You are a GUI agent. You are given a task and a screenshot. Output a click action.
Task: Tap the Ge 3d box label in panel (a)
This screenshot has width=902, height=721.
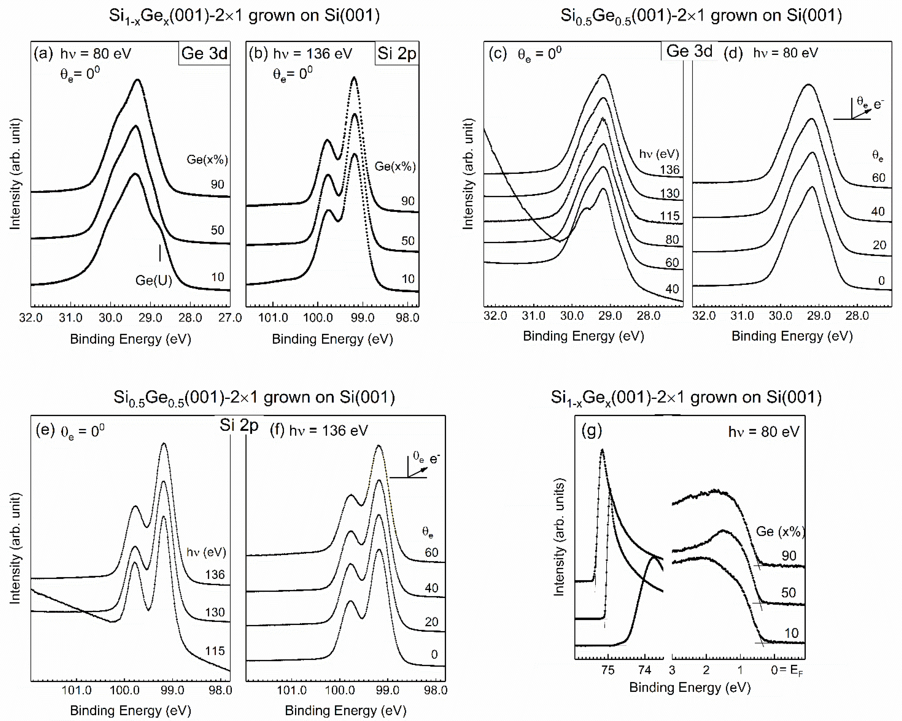pyautogui.click(x=204, y=54)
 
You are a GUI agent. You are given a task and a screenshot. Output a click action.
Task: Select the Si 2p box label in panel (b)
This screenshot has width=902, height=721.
pyautogui.click(x=397, y=54)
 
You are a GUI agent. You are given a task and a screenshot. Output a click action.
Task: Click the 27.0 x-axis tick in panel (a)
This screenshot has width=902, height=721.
pyautogui.click(x=230, y=318)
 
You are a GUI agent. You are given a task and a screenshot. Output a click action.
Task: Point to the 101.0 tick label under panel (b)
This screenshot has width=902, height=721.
pyautogui.click(x=273, y=318)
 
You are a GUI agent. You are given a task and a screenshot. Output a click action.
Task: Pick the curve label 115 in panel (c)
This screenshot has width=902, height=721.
pyautogui.click(x=669, y=216)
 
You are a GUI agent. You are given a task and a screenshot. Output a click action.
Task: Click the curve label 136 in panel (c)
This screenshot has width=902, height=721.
pyautogui.click(x=669, y=170)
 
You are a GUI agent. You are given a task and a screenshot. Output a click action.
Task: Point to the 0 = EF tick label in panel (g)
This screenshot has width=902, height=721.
pyautogui.click(x=787, y=670)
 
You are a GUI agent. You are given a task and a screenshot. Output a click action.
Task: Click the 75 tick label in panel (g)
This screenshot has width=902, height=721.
pyautogui.click(x=607, y=670)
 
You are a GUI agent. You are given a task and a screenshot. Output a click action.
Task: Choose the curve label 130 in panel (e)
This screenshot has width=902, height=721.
pyautogui.click(x=215, y=612)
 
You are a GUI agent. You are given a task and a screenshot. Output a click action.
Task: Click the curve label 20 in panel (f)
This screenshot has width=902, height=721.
pyautogui.click(x=431, y=622)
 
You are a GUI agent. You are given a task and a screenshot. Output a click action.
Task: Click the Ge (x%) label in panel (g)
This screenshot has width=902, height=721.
pyautogui.click(x=780, y=532)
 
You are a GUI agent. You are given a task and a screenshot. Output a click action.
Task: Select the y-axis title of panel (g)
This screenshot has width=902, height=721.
pyautogui.click(x=559, y=537)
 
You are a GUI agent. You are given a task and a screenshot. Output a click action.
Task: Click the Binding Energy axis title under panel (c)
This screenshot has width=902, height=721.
pyautogui.click(x=583, y=336)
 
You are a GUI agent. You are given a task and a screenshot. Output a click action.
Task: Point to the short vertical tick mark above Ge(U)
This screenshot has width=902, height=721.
pyautogui.click(x=160, y=253)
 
